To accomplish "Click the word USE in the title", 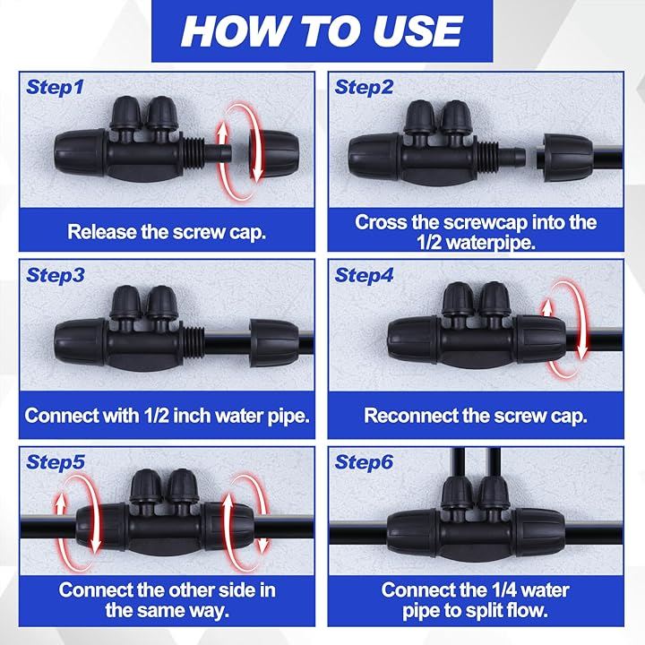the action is [x=418, y=31].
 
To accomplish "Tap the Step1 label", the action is [x=55, y=88].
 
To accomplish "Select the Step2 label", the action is [x=364, y=88].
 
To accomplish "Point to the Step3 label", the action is [x=56, y=275].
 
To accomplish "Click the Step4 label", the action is [x=364, y=275].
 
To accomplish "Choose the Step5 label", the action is [x=56, y=462].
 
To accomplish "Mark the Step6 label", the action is [x=364, y=462].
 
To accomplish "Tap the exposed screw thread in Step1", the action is [x=192, y=153].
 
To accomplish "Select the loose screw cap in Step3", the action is [x=274, y=342].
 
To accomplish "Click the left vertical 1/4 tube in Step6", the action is [x=458, y=462].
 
